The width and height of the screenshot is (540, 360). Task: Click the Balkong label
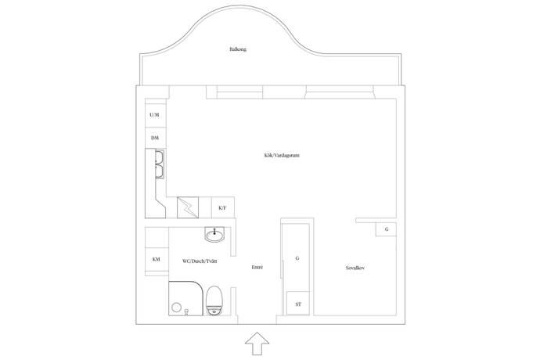(238, 49)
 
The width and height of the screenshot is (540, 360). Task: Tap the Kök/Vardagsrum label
(282, 156)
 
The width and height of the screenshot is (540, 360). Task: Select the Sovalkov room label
(355, 268)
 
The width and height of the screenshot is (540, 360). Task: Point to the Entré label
(257, 267)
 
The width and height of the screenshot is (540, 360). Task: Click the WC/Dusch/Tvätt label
(200, 261)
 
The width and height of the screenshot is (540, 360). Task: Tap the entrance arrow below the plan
(257, 344)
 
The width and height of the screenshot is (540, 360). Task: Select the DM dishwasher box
(155, 138)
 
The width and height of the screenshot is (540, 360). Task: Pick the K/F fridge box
(223, 207)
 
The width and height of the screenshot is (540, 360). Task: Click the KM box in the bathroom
(157, 259)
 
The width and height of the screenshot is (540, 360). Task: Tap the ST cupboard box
(298, 304)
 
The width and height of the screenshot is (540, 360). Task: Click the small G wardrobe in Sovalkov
(386, 229)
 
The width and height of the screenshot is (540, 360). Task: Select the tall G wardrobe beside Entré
(296, 257)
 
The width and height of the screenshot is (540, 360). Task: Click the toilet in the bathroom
(214, 301)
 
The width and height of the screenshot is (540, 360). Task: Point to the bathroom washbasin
(214, 234)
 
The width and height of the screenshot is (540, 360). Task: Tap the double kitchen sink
(160, 164)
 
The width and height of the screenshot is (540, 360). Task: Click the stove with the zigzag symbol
(188, 207)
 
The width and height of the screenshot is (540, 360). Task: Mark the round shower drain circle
(177, 307)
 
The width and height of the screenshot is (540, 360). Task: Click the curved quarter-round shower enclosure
(186, 298)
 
